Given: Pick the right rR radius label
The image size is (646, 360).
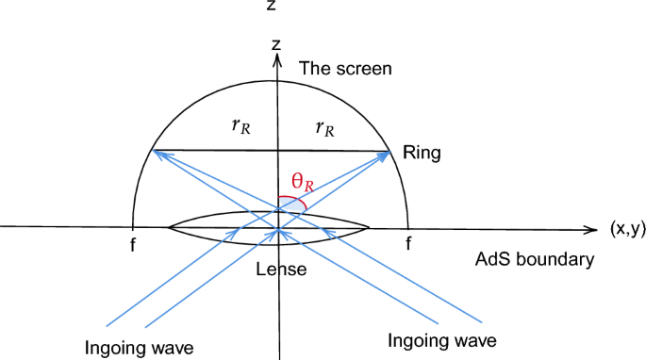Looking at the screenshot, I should click(x=323, y=129).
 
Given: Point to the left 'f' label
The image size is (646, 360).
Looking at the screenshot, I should click(x=134, y=242).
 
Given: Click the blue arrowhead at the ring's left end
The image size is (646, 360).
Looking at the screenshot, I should click(x=158, y=151).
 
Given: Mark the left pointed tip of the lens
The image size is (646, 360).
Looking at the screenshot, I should click(x=168, y=227).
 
